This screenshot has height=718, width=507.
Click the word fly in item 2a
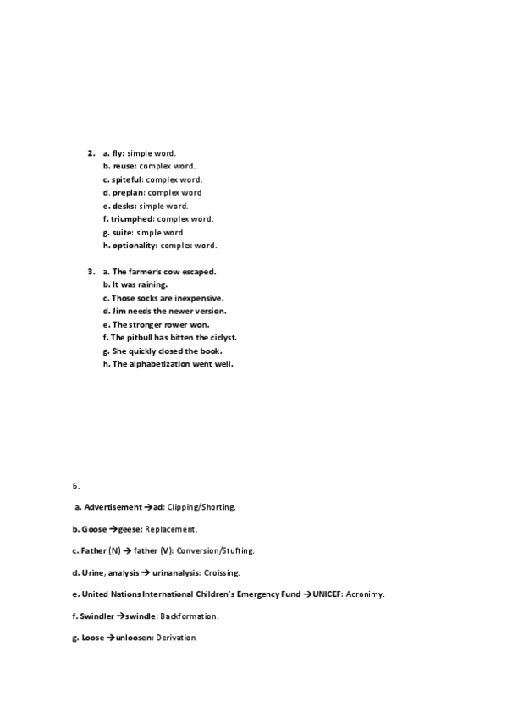click(118, 153)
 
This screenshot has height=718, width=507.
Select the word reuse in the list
click(124, 167)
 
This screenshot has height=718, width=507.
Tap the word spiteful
click(127, 179)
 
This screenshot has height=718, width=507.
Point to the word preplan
click(129, 193)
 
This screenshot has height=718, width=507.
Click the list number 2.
click(90, 153)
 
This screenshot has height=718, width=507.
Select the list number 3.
click(90, 272)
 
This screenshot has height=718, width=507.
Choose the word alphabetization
click(166, 364)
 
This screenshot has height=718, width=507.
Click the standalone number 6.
click(76, 486)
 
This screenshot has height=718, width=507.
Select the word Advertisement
click(113, 507)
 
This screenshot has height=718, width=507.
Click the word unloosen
click(134, 638)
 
